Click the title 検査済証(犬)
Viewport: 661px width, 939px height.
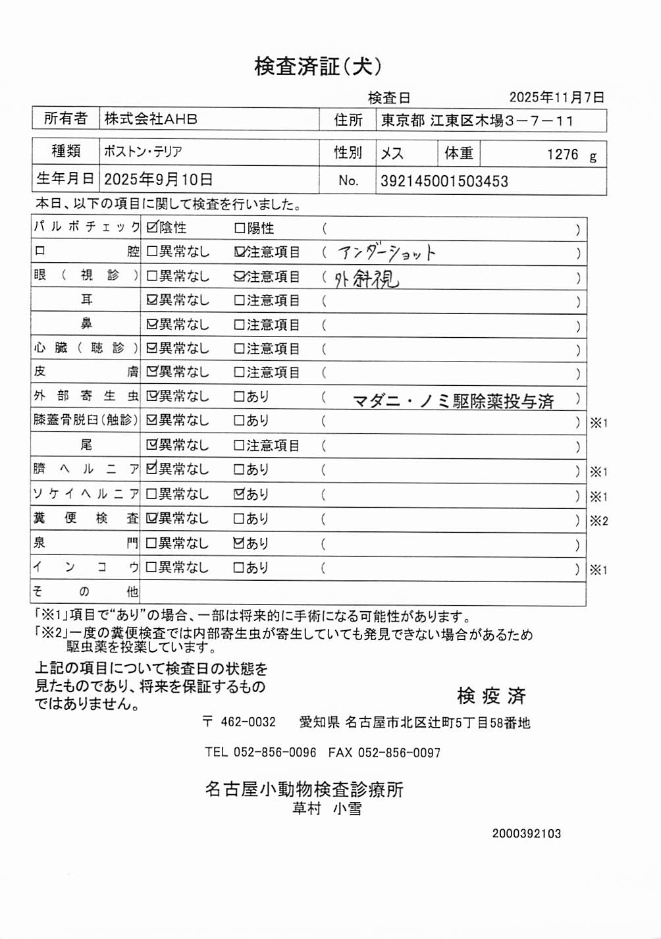coord(317,66)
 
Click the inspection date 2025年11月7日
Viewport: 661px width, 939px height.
coord(556,97)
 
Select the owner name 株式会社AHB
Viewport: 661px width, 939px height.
coord(151,119)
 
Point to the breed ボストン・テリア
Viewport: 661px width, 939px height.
coord(143,151)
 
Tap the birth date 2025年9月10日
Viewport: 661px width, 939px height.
coord(158,180)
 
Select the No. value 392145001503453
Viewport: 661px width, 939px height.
coord(444,182)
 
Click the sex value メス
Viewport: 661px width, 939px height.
coord(392,153)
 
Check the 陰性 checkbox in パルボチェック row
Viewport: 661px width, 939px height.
coord(152,228)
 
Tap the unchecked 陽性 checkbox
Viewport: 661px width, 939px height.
coord(240,228)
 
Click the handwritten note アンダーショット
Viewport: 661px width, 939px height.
coord(386,253)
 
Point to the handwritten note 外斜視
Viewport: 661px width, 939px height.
coord(366,279)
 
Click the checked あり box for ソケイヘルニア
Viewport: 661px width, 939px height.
coord(240,494)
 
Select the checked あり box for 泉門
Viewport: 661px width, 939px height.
coord(240,543)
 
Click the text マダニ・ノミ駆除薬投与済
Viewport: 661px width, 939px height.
coord(453,401)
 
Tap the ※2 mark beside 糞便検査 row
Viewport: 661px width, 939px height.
coord(598,521)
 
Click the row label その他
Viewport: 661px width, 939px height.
coord(86,591)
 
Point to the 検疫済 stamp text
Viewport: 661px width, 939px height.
coord(491,695)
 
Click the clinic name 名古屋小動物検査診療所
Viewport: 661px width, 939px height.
coord(304,789)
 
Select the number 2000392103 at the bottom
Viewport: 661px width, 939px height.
coord(526,834)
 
